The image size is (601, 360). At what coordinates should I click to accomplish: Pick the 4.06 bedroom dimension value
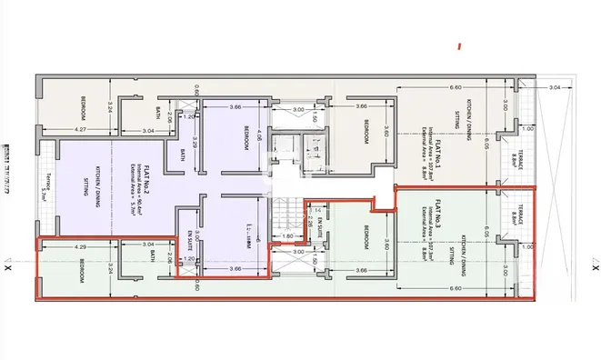point(259,141)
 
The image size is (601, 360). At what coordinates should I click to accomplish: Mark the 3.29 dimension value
point(194,145)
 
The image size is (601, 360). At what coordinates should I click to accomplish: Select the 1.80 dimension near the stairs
point(287,236)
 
